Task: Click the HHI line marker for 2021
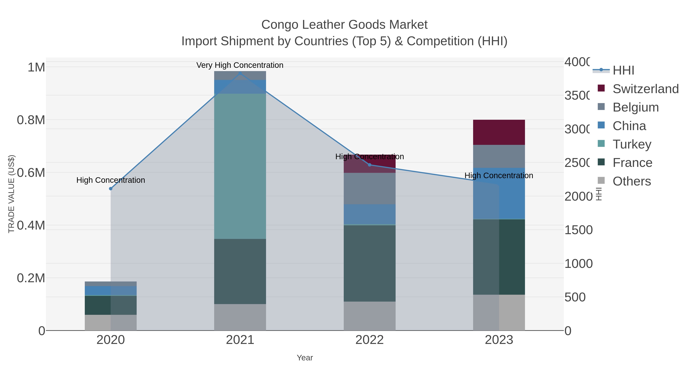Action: point(240,74)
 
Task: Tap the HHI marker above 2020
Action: point(111,189)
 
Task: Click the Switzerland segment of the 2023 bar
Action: point(499,132)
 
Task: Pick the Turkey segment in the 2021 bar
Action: point(240,166)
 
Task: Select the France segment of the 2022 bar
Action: point(369,263)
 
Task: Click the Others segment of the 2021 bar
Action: point(240,317)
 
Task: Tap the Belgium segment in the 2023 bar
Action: point(499,156)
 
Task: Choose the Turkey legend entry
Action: point(632,144)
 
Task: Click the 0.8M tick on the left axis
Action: point(31,120)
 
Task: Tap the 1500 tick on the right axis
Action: point(578,230)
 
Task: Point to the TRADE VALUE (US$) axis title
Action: point(11,194)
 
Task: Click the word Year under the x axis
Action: point(305,358)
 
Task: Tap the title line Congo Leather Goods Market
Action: point(344,25)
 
